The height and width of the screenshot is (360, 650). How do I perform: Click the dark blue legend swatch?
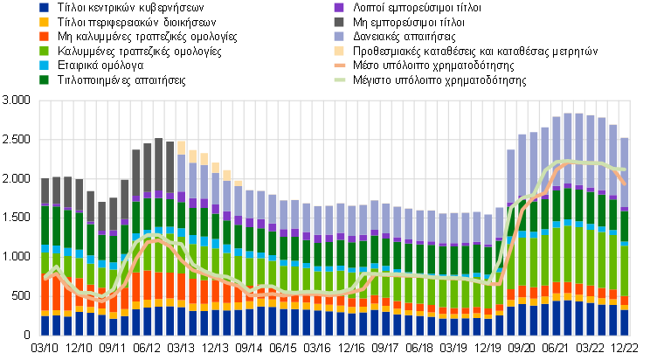point(44,7)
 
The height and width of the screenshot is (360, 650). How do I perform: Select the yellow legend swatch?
point(44,22)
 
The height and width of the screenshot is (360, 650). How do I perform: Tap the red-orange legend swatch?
point(44,36)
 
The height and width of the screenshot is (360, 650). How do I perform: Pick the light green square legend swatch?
point(44,51)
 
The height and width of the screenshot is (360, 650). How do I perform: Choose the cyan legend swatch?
point(44,65)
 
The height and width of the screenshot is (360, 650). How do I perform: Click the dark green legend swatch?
point(44,80)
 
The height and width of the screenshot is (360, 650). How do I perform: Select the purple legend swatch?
point(339,7)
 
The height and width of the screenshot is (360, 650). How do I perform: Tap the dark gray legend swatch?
point(339,22)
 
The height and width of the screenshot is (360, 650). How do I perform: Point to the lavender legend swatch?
point(339,36)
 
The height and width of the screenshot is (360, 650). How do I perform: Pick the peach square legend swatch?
point(339,51)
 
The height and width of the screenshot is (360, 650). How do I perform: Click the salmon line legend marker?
point(339,65)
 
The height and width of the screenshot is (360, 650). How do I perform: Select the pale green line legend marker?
point(339,80)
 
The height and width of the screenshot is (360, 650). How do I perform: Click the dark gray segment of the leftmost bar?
point(45,193)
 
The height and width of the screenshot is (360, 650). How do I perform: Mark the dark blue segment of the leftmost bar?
point(45,325)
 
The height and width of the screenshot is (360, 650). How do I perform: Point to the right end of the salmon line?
point(625,183)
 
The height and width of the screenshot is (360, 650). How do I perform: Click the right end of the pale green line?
point(625,169)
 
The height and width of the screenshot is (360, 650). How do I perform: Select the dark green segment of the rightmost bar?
point(625,226)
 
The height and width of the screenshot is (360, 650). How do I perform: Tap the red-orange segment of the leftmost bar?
point(45,296)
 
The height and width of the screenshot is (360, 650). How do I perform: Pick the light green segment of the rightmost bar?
point(625,271)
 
